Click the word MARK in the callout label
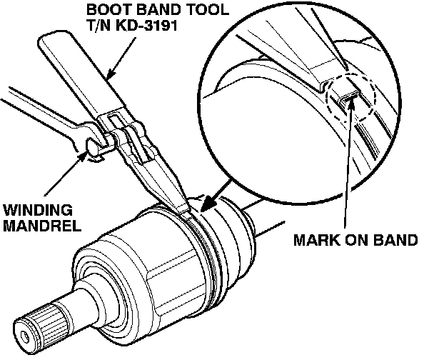click(315, 239)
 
